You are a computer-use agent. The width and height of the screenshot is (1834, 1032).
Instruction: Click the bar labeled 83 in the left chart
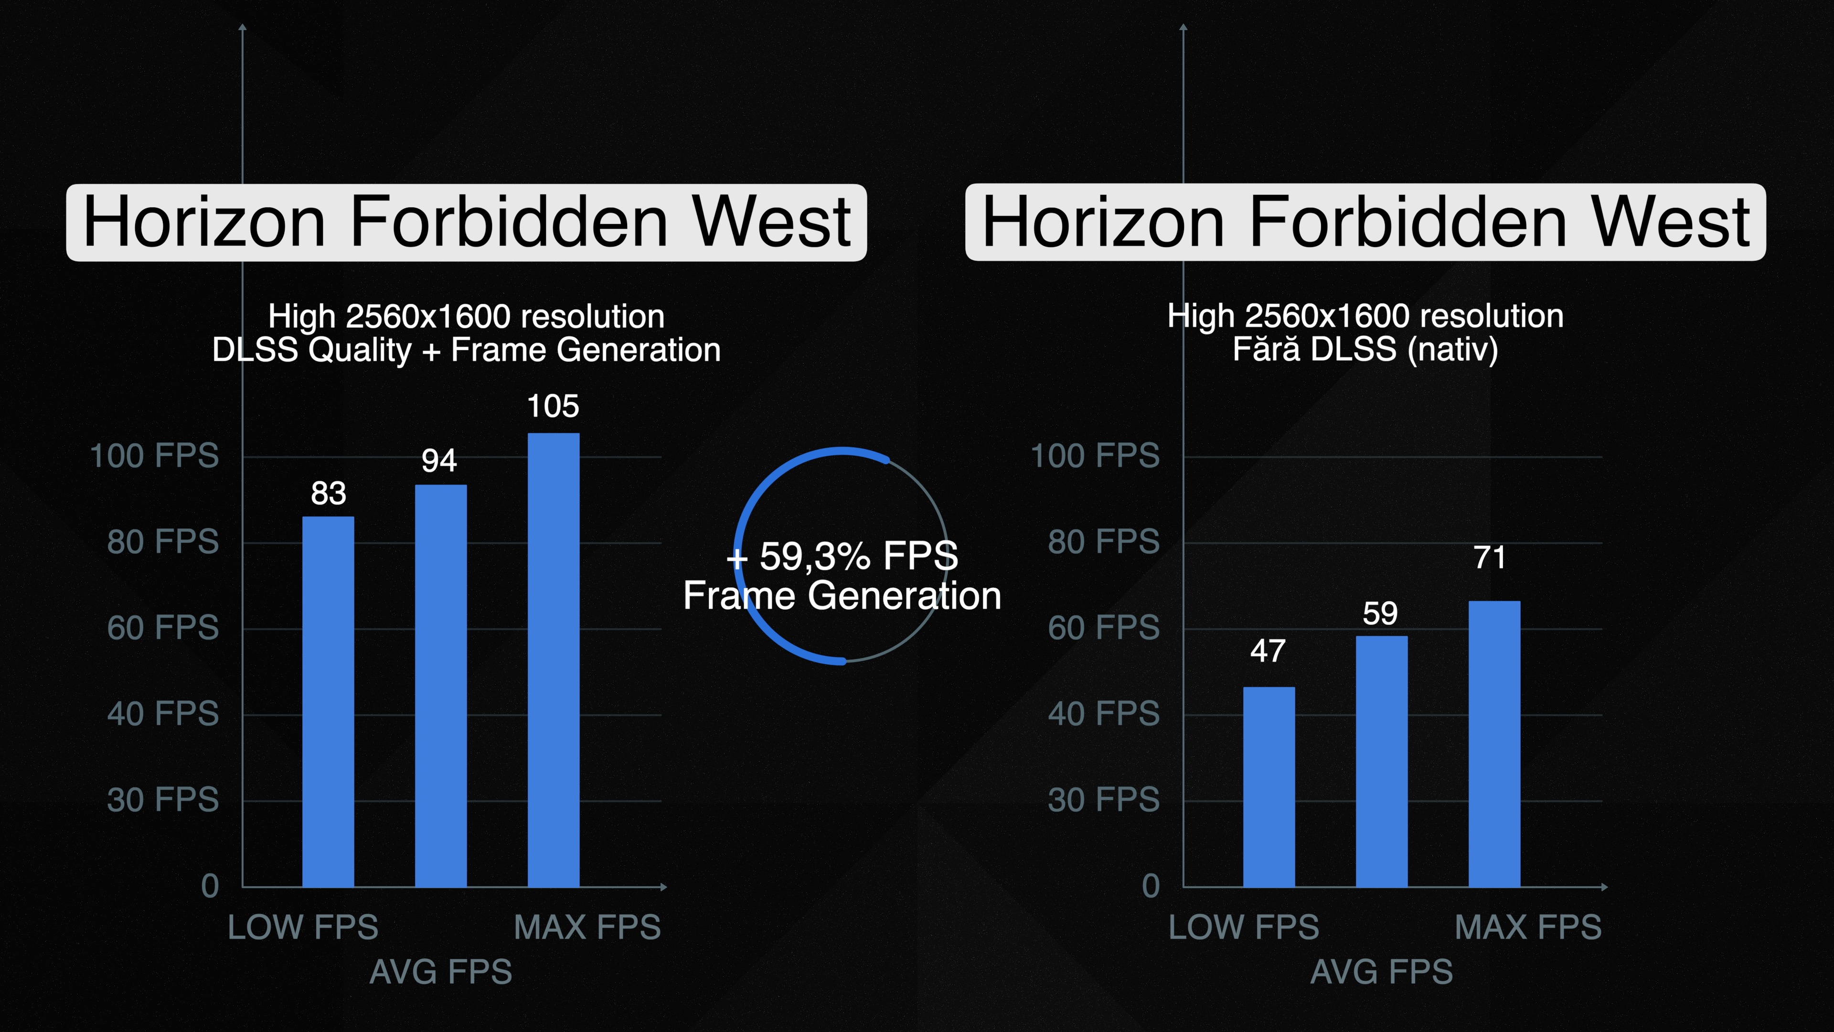pyautogui.click(x=328, y=701)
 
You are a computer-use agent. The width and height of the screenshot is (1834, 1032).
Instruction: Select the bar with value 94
pyautogui.click(x=441, y=686)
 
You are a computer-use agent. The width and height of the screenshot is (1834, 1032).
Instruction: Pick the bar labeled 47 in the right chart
pyautogui.click(x=1269, y=787)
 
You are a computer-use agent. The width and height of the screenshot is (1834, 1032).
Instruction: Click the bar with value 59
pyautogui.click(x=1381, y=762)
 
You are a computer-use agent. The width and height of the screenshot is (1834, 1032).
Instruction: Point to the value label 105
pyautogui.click(x=553, y=407)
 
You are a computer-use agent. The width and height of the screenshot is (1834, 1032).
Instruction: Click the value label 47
pyautogui.click(x=1268, y=651)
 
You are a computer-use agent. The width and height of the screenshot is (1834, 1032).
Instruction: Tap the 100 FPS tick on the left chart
pyautogui.click(x=154, y=456)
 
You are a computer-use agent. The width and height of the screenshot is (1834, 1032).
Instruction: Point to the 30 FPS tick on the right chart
pyautogui.click(x=1104, y=800)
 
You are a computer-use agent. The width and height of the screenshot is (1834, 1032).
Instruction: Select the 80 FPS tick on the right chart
pyautogui.click(x=1104, y=542)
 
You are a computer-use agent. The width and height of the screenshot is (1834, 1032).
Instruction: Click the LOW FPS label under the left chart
pyautogui.click(x=303, y=927)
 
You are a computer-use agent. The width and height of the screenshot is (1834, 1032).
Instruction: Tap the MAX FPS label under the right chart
pyautogui.click(x=1528, y=927)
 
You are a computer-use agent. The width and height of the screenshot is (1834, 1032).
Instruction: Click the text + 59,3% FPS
pyautogui.click(x=842, y=556)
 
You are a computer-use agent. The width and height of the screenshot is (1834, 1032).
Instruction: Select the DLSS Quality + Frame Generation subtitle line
pyautogui.click(x=466, y=350)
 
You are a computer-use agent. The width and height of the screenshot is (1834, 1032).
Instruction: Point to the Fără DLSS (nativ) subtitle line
pyautogui.click(x=1365, y=350)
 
